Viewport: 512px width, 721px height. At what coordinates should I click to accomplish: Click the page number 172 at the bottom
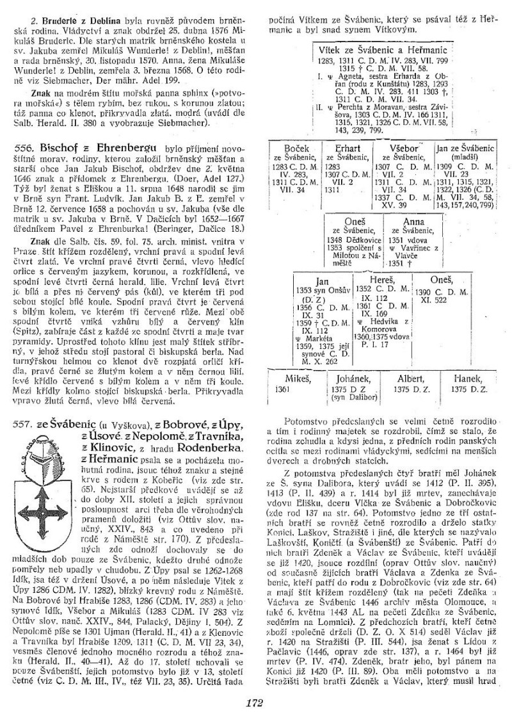pyautogui.click(x=255, y=702)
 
